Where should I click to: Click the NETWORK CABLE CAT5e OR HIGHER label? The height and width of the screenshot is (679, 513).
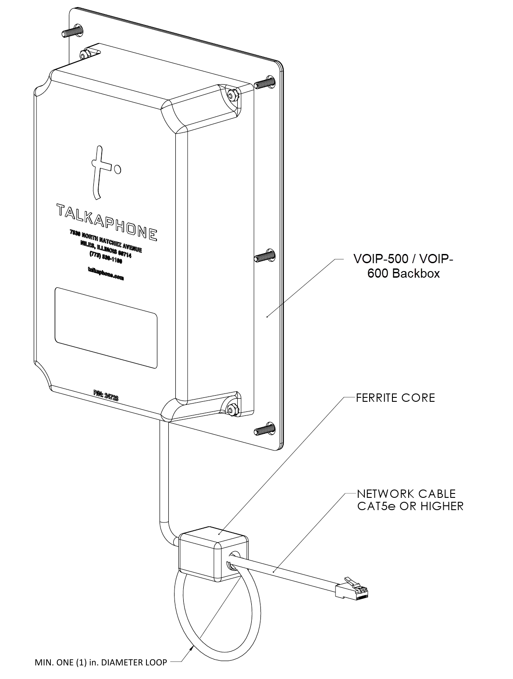[x=410, y=500]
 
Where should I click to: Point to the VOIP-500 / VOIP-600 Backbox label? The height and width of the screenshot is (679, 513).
[x=403, y=266]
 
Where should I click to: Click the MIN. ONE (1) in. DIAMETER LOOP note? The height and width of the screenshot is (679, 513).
[x=100, y=662]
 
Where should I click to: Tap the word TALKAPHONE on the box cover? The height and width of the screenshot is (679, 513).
[x=107, y=222]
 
